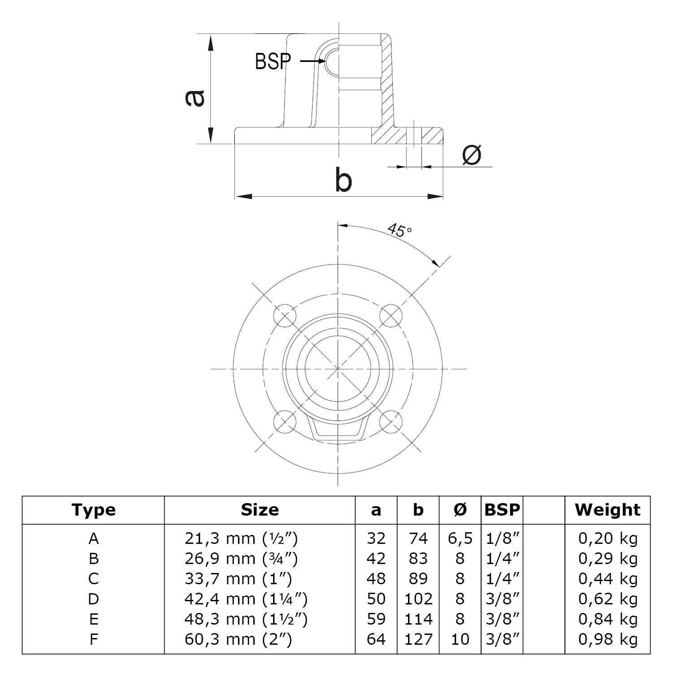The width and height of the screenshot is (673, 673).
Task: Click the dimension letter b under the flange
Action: pyautogui.click(x=343, y=180)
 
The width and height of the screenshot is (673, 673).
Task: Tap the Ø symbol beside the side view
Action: pyautogui.click(x=472, y=155)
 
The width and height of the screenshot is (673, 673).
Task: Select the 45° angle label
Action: pyautogui.click(x=399, y=230)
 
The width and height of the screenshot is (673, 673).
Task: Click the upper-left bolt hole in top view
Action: pyautogui.click(x=285, y=316)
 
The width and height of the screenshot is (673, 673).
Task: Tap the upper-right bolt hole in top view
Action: pyautogui.click(x=391, y=316)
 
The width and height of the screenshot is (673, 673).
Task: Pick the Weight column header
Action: pyautogui.click(x=608, y=510)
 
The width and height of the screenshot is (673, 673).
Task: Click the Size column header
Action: pyautogui.click(x=260, y=510)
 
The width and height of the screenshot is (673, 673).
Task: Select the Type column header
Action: pyautogui.click(x=93, y=510)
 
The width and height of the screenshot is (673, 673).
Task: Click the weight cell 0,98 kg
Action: pyautogui.click(x=608, y=639)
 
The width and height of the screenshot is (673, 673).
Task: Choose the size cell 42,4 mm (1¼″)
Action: pyautogui.click(x=246, y=599)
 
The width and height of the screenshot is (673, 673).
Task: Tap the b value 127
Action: pyautogui.click(x=418, y=639)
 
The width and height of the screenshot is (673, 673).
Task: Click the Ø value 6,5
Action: pyautogui.click(x=460, y=538)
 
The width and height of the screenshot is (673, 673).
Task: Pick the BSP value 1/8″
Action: pyautogui.click(x=502, y=538)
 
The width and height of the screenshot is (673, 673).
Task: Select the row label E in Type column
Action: pyautogui.click(x=93, y=619)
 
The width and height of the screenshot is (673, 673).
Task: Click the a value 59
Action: pyautogui.click(x=376, y=619)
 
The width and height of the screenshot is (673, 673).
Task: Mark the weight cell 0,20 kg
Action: pyautogui.click(x=608, y=538)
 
